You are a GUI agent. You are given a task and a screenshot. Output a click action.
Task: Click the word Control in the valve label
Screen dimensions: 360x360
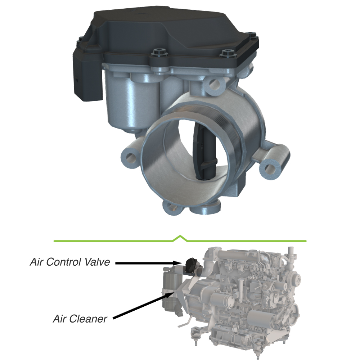tap(63, 262)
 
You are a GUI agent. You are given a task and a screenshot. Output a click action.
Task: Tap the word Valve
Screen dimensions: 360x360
tap(97, 262)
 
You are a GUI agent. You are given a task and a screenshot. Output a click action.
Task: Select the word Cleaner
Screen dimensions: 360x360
tap(87, 319)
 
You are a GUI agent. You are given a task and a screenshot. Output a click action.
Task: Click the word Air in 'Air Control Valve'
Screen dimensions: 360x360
tap(36, 262)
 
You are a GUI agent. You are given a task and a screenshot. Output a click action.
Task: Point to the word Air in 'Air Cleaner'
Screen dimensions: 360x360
tap(59, 319)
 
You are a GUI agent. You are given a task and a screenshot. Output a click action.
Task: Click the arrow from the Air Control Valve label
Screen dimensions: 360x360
tap(150, 263)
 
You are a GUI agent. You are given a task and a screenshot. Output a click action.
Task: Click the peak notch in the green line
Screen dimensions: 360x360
tap(180, 236)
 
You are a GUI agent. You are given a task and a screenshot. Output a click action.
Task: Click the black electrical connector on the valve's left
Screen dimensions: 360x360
tap(87, 76)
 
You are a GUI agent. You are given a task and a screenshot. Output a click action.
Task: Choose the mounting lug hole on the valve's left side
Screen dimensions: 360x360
tap(130, 157)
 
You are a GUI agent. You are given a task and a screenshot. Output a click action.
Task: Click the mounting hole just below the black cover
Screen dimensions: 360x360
tap(215, 84)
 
